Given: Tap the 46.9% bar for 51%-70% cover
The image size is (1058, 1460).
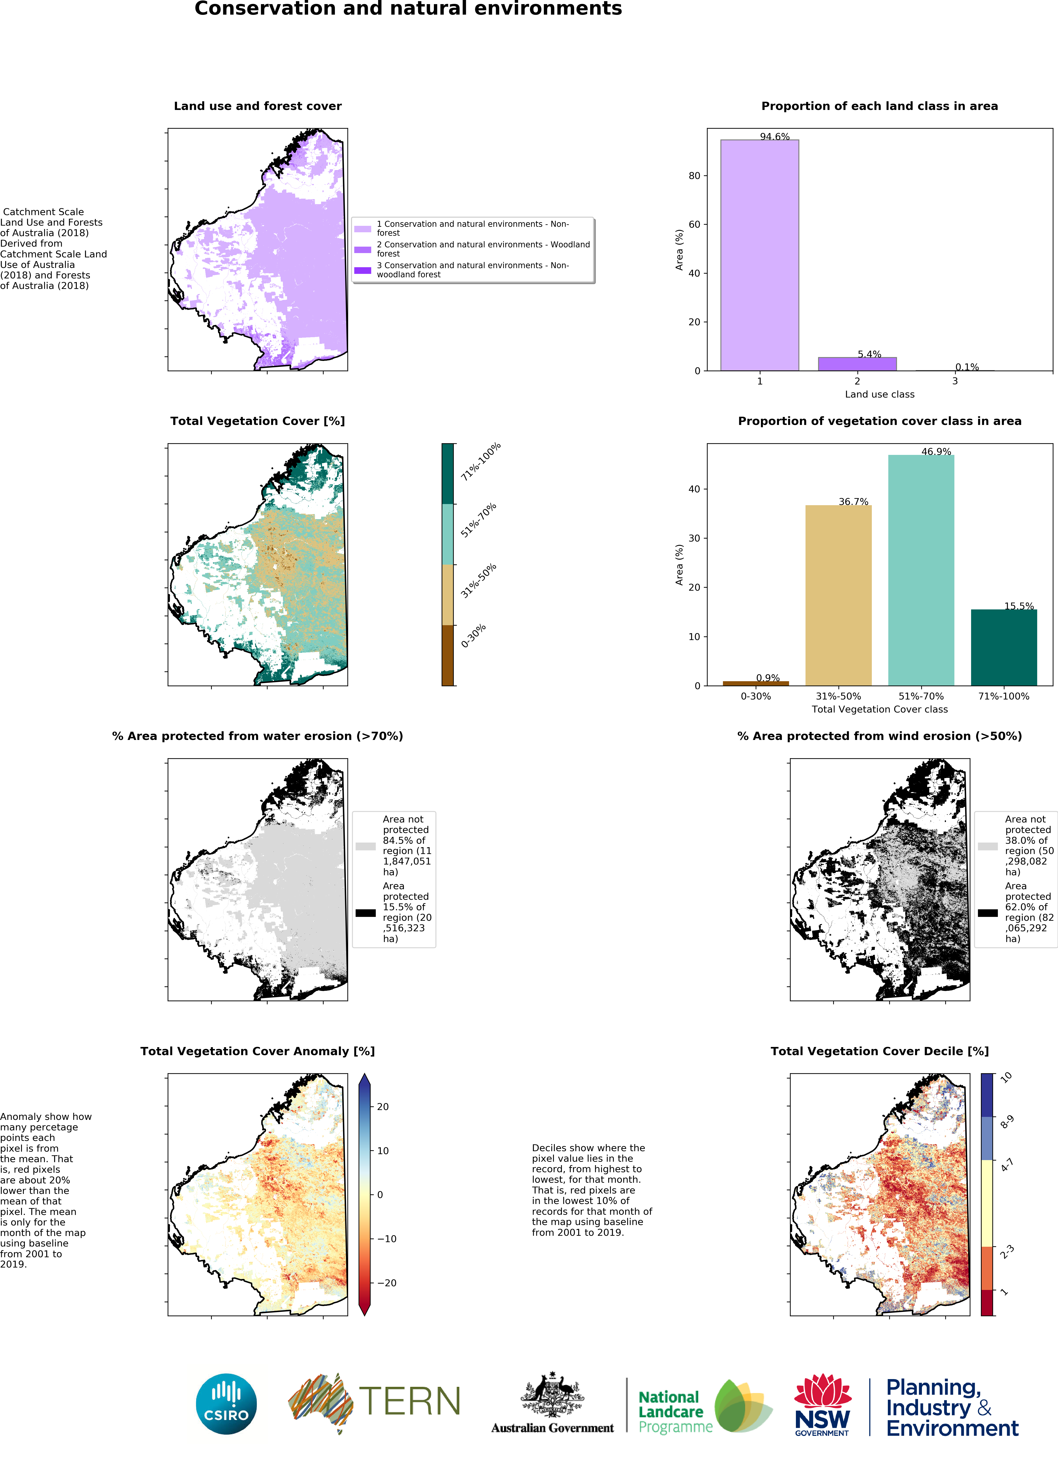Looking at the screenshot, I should tap(921, 570).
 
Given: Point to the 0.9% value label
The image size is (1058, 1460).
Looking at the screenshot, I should tap(768, 678).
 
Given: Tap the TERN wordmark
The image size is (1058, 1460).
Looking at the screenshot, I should tap(410, 1401).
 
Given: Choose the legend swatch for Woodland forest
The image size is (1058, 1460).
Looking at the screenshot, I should tap(363, 249).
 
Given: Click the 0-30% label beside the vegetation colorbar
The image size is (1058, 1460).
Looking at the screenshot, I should tap(473, 635).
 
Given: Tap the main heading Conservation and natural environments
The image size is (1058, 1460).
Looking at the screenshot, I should tap(408, 9).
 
